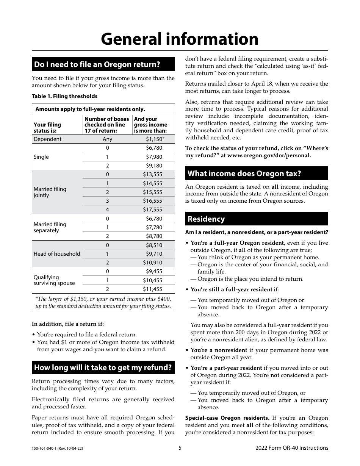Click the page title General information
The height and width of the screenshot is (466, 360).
(x=180, y=39)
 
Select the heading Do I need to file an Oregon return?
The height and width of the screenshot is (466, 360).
(x=97, y=64)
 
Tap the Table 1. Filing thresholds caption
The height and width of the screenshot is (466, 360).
(x=64, y=96)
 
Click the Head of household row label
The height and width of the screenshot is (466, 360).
(x=57, y=254)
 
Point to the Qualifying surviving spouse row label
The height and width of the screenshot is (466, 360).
(x=54, y=280)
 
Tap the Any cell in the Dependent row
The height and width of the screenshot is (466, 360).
(x=107, y=139)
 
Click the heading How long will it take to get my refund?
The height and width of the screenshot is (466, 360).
(x=103, y=367)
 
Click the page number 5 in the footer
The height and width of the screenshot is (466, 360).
(x=180, y=448)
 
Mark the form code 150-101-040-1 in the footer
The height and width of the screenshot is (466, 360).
(x=44, y=448)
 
